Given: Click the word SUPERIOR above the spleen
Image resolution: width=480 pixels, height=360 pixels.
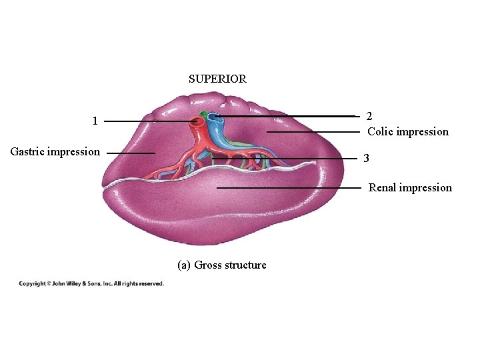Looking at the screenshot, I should point(217,79).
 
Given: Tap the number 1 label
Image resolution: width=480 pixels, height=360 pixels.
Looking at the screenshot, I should point(95,121).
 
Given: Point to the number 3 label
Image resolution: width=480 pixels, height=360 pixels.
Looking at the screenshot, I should point(366,159).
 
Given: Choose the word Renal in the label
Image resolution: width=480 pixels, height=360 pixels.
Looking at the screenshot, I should point(383,188).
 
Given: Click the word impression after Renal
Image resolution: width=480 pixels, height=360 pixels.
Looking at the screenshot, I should point(426,188).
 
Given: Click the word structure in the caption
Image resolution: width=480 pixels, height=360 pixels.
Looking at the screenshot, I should point(245,265).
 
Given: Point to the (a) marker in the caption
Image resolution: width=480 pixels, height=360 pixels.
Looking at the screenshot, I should point(184,265).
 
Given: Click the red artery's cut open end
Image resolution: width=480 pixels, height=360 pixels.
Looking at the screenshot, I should point(197,123).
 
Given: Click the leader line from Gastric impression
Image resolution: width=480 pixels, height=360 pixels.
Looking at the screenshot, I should point(130,153).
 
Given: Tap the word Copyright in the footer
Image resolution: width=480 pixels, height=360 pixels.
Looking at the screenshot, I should point(32,284).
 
